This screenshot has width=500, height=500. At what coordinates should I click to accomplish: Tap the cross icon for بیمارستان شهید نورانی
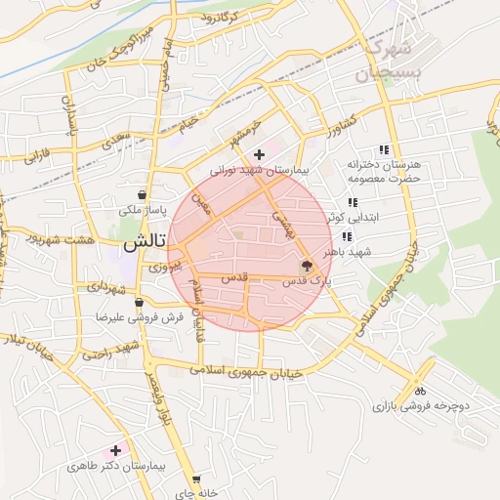pos(259,154)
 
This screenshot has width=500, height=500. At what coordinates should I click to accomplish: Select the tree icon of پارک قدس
pos(307,265)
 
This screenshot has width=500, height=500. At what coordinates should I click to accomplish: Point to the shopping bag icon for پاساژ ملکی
pos(144,194)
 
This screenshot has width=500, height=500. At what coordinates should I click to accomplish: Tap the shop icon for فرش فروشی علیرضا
pos(140,302)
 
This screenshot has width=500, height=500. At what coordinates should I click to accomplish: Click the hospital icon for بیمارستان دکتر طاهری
pos(116,450)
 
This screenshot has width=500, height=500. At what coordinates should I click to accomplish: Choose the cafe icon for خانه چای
pos(196,480)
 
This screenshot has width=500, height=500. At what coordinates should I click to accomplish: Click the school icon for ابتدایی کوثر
pos(353,202)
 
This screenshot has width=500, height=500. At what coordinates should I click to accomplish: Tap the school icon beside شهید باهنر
pos(347,236)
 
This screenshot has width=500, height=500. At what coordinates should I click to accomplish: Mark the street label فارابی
pos(36,153)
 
